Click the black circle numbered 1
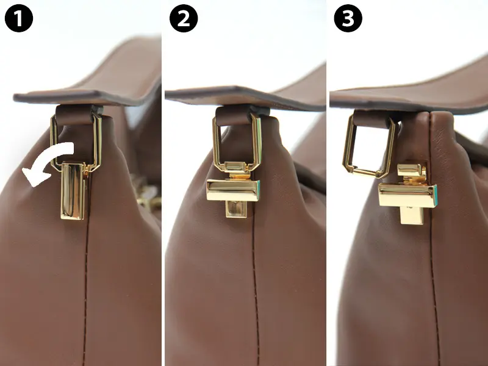(x=19, y=18)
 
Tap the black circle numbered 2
(x=184, y=18)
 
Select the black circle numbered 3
(x=348, y=18)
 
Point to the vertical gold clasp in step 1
(x=73, y=191)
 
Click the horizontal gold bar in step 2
(x=234, y=190)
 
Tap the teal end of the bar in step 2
(x=257, y=190)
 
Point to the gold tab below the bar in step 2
(x=236, y=209)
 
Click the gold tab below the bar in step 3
(x=412, y=216)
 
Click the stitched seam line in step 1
(x=85, y=293)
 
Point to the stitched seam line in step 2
(x=256, y=286)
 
